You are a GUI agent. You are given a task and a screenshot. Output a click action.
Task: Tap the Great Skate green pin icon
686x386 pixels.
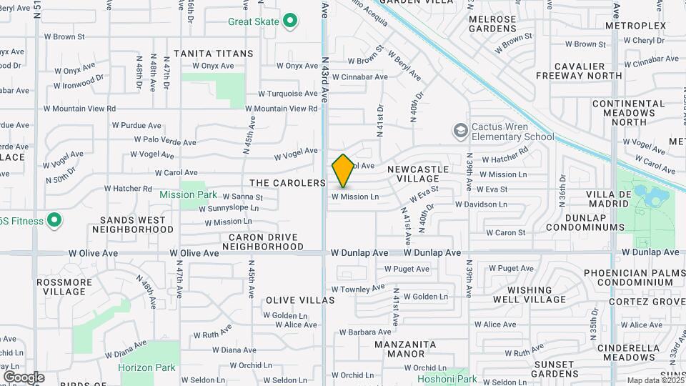click(289, 21)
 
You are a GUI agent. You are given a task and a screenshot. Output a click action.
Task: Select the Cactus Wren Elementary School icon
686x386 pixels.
click(460, 131)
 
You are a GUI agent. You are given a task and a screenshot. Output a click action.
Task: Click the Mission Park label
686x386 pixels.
click(188, 194)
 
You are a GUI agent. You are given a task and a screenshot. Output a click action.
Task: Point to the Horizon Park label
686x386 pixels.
click(146, 367)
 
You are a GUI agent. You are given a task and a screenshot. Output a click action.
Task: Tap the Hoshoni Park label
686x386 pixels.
click(447, 379)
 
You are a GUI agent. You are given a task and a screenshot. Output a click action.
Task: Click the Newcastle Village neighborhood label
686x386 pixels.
click(419, 174)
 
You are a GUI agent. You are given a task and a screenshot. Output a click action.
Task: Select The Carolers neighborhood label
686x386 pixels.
click(288, 183)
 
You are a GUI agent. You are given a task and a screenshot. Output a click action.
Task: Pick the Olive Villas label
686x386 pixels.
click(300, 300)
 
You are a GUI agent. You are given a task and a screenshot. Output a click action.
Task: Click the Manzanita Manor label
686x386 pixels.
click(405, 349)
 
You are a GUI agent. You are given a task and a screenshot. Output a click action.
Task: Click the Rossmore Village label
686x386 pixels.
click(64, 287)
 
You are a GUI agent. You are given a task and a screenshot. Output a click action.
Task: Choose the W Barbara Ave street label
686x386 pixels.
click(365, 332)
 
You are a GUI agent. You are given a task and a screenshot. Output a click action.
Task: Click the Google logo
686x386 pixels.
click(24, 377)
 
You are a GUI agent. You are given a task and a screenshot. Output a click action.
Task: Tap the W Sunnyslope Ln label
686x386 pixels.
click(224, 208)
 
